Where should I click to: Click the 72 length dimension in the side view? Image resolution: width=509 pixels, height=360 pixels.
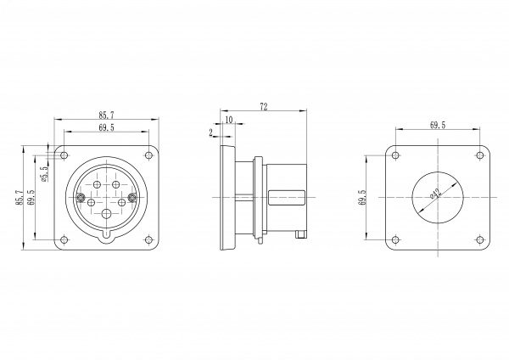pos(264,107)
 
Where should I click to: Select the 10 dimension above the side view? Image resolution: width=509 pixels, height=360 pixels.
pos(229,120)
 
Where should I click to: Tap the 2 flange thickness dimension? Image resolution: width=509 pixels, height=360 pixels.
pos(211,132)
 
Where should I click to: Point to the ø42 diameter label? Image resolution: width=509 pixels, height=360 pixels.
pos(436,194)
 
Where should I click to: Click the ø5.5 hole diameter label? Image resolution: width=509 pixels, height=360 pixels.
pos(44,173)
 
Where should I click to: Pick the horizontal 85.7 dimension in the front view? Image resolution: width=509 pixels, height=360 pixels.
pos(107,115)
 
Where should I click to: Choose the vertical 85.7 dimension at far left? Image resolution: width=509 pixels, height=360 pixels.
pos(20,198)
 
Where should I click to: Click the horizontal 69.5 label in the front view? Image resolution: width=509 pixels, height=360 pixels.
pos(107,127)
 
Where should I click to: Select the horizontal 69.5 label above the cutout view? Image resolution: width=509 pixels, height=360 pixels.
pos(438,125)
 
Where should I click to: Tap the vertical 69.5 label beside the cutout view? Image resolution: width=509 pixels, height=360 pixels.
pos(362,198)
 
